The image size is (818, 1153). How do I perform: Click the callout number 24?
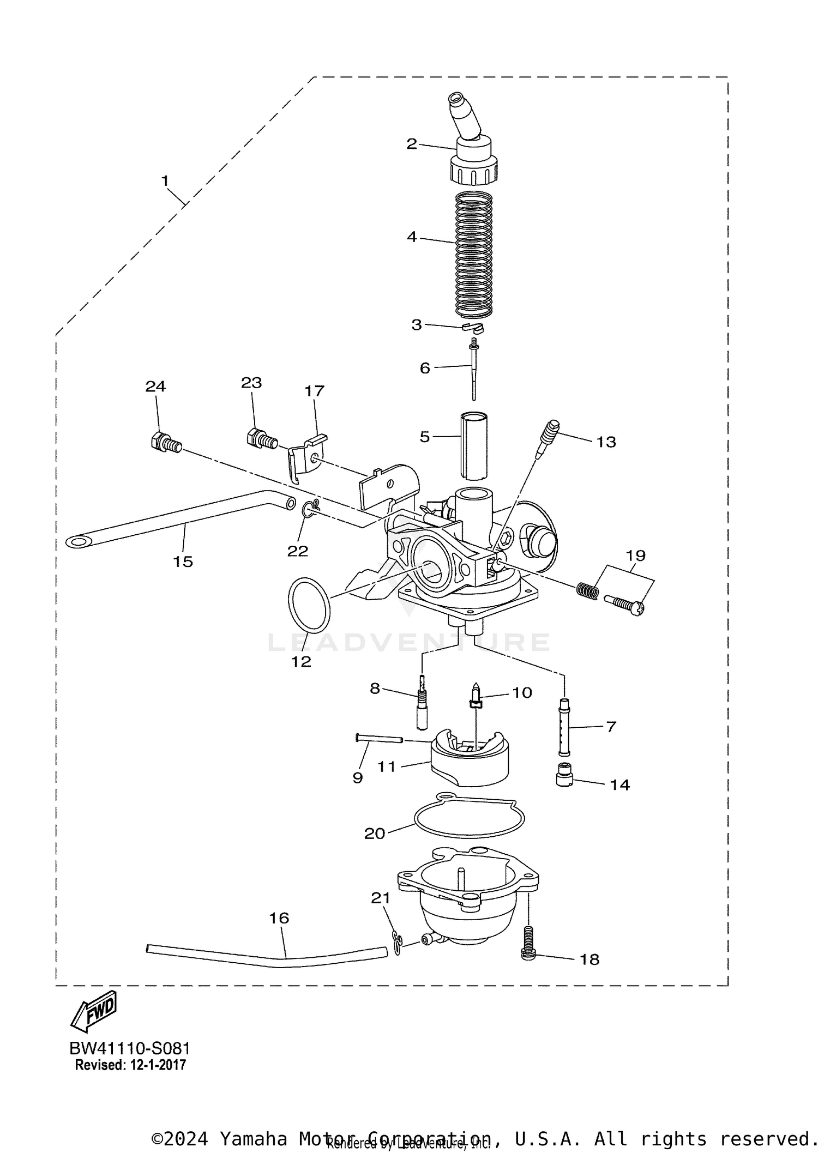pos(155,387)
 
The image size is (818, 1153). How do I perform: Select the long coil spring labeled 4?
pos(473,255)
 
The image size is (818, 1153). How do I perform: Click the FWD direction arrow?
pos(94,1011)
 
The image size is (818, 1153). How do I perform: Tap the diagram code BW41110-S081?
pos(130,1048)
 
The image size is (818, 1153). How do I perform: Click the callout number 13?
pos(606,442)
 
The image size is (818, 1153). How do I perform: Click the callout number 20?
pos(375,834)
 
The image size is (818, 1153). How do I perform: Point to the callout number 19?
pos(636,556)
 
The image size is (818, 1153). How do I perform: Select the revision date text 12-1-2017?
pos(157,1065)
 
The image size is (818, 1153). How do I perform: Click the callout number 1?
pos(165,180)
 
